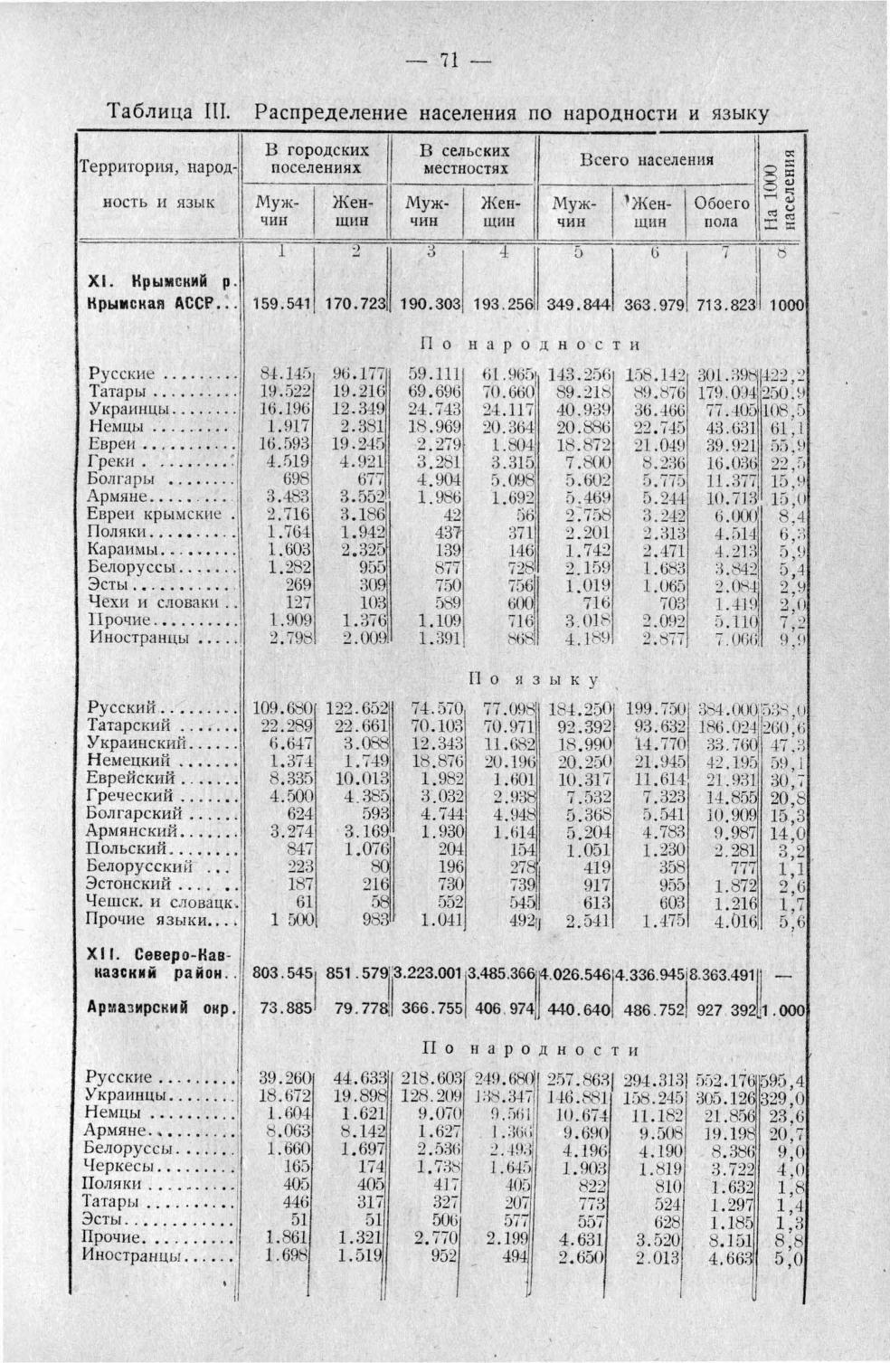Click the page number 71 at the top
(x=444, y=61)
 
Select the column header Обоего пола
(x=721, y=212)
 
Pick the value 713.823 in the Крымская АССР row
(x=721, y=305)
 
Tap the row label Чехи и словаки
(x=156, y=602)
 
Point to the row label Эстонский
(x=130, y=884)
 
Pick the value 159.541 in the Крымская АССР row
(x=280, y=305)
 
